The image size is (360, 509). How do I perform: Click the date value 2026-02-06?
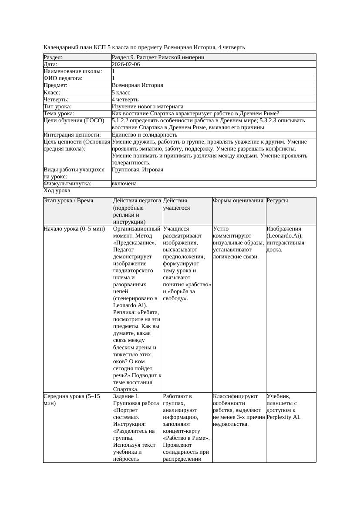pyautogui.click(x=126, y=64)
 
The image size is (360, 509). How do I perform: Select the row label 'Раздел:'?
pyautogui.click(x=53, y=57)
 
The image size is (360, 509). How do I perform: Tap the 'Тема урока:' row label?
pyautogui.click(x=59, y=114)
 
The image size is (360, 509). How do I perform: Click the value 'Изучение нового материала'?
pyautogui.click(x=148, y=107)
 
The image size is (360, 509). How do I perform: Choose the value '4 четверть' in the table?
pyautogui.click(x=125, y=100)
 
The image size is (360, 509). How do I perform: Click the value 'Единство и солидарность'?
pyautogui.click(x=145, y=135)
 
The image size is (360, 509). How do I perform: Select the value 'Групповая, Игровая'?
pyautogui.click(x=138, y=170)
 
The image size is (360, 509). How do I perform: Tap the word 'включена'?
pyautogui.click(x=124, y=184)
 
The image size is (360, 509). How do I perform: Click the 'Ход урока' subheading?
pyautogui.click(x=57, y=191)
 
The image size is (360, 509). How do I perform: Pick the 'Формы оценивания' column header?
pyautogui.click(x=238, y=201)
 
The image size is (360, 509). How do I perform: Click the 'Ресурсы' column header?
pyautogui.click(x=277, y=201)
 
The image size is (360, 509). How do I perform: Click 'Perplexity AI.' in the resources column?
pyautogui.click(x=283, y=417)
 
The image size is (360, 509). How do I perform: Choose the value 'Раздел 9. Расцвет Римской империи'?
pyautogui.click(x=158, y=57)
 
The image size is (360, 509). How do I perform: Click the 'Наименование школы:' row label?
pyautogui.click(x=73, y=71)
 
